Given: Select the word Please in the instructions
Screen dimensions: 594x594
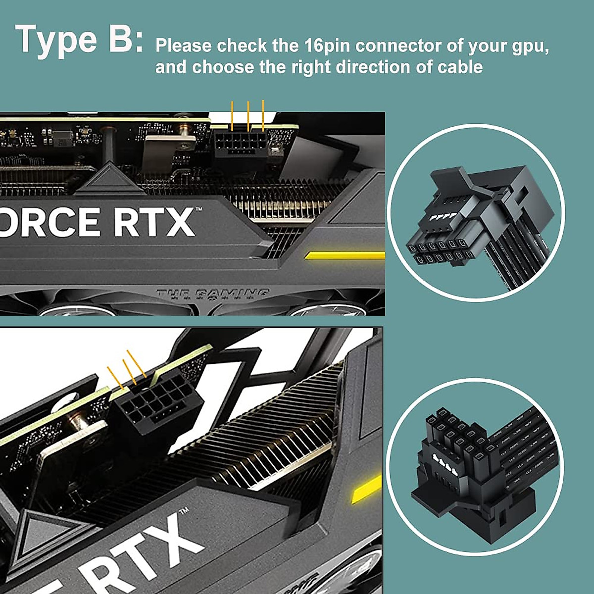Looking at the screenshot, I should tap(184, 46).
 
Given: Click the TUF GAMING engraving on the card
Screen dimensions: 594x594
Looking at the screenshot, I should tap(213, 294).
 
